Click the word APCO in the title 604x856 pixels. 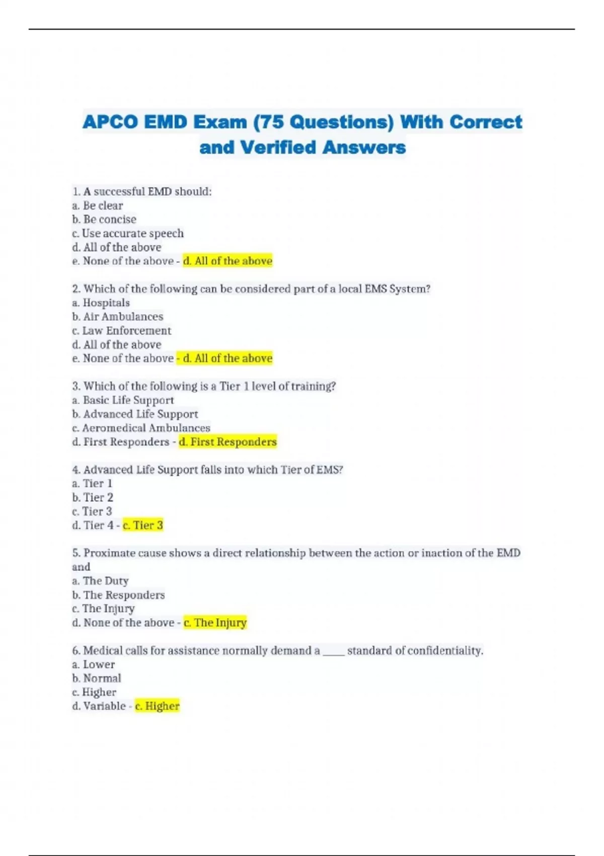[110, 122]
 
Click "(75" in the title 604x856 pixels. [270, 122]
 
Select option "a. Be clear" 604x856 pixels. [98, 205]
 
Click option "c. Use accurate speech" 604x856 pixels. [128, 233]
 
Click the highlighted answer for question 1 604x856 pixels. [228, 261]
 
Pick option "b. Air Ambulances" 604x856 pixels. [118, 316]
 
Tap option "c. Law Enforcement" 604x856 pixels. [122, 330]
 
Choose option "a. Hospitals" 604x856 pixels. [101, 303]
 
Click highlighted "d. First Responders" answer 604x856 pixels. [228, 442]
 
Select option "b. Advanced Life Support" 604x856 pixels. [135, 414]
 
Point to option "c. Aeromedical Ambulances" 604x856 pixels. [141, 427]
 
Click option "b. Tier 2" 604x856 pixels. [93, 497]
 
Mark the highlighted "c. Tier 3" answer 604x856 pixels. [143, 525]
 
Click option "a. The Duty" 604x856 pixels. [101, 581]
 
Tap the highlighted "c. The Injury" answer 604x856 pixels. [215, 622]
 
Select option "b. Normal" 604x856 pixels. [97, 678]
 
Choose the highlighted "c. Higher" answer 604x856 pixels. [157, 706]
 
